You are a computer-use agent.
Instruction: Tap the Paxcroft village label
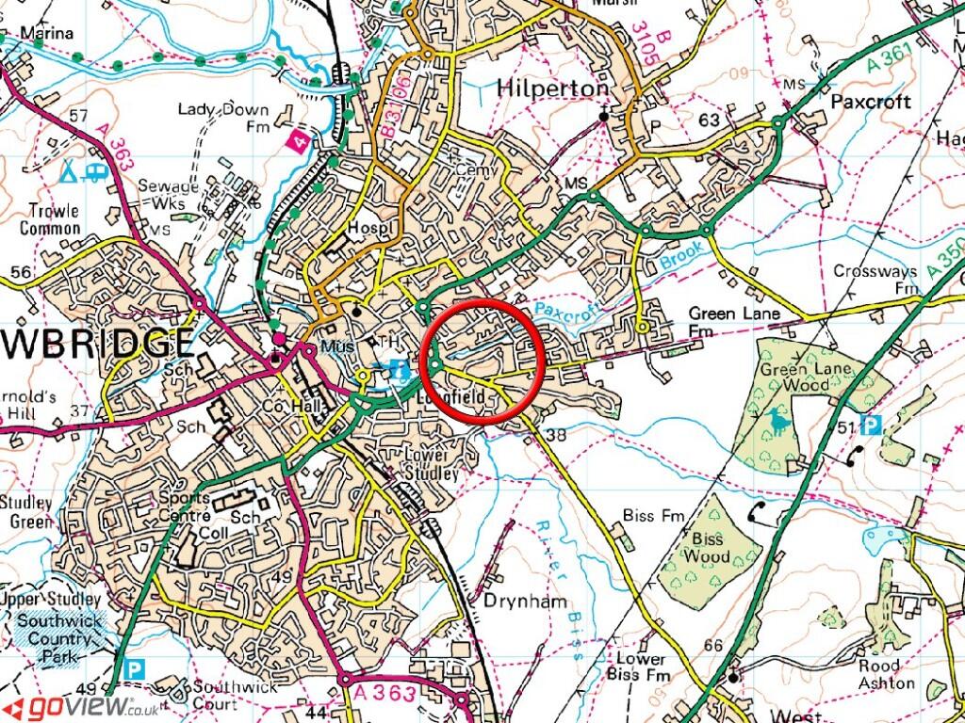pyautogui.click(x=871, y=100)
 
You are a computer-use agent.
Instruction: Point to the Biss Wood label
pyautogui.click(x=708, y=549)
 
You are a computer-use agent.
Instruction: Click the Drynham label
pyautogui.click(x=515, y=600)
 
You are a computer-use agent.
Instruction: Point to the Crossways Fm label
pyautogui.click(x=875, y=279)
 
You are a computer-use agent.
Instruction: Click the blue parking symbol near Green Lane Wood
pyautogui.click(x=872, y=426)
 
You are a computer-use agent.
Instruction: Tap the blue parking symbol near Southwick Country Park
pyautogui.click(x=137, y=670)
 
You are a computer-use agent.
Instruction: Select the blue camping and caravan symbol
pyautogui.click(x=82, y=171)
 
